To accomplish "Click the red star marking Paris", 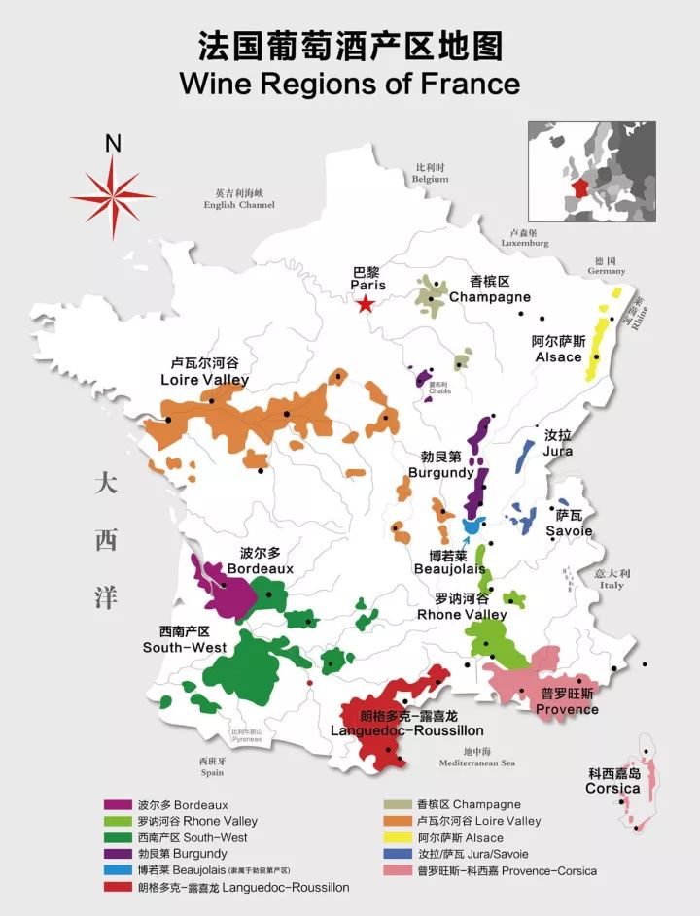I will (365, 305).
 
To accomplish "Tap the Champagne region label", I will (489, 289).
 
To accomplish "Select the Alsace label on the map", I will (558, 350).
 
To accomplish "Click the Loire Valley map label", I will (205, 371).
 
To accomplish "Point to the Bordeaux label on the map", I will (266, 560).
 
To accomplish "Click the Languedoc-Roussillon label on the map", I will (406, 724).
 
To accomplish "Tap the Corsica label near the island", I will (612, 781).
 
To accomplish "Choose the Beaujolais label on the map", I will (448, 562).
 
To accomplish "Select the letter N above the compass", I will (113, 144).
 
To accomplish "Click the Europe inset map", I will (591, 173).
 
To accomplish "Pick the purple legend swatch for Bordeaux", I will (118, 805).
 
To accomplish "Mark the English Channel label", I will (239, 199).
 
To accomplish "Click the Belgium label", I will (430, 173).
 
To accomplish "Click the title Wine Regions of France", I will (349, 83).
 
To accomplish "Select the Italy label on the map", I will (612, 579).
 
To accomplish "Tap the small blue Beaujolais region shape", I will (472, 526).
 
